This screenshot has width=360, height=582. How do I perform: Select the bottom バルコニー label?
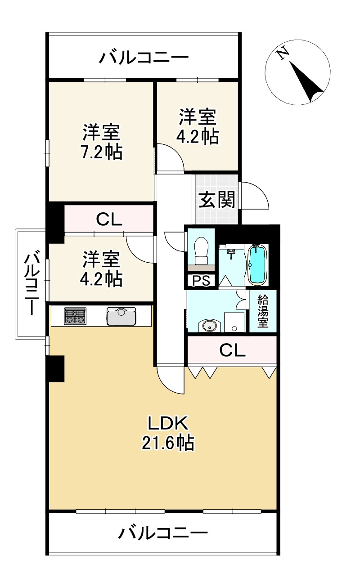click(x=163, y=534)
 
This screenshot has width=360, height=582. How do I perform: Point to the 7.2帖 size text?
click(x=102, y=153)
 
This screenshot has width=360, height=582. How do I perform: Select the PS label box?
click(x=201, y=281)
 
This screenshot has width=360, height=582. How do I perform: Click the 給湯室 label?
click(x=263, y=311)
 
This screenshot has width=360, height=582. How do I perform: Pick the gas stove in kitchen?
click(x=75, y=316)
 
